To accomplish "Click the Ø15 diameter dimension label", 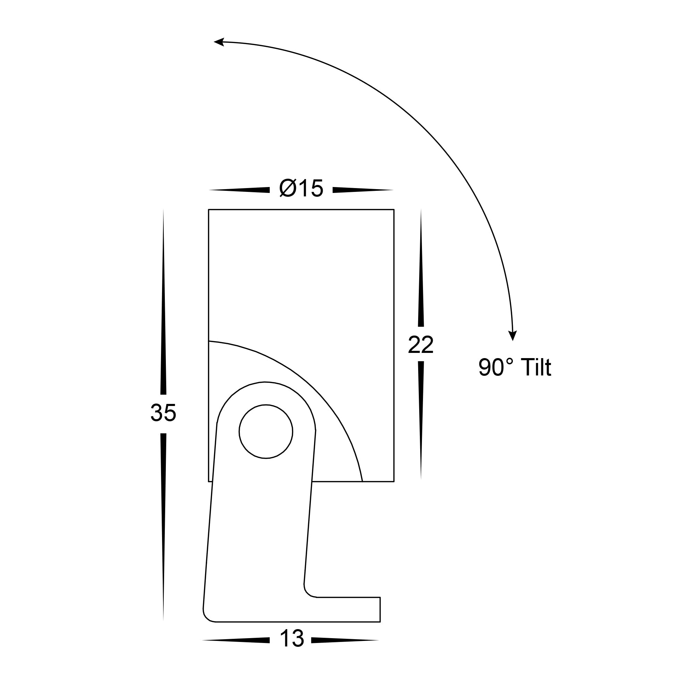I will pyautogui.click(x=301, y=188).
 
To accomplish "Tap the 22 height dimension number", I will pyautogui.click(x=421, y=345).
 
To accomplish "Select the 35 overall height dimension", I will pyautogui.click(x=163, y=413).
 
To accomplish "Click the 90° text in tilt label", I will pyautogui.click(x=496, y=367).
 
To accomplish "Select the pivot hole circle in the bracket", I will pyautogui.click(x=266, y=431).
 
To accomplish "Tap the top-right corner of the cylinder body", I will pyautogui.click(x=394, y=210).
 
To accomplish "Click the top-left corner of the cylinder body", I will pyautogui.click(x=209, y=210).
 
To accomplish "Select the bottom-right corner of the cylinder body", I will pyautogui.click(x=394, y=481).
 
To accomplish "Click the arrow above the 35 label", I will pyautogui.click(x=163, y=302).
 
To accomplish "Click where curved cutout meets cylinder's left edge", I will pyautogui.click(x=209, y=340).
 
